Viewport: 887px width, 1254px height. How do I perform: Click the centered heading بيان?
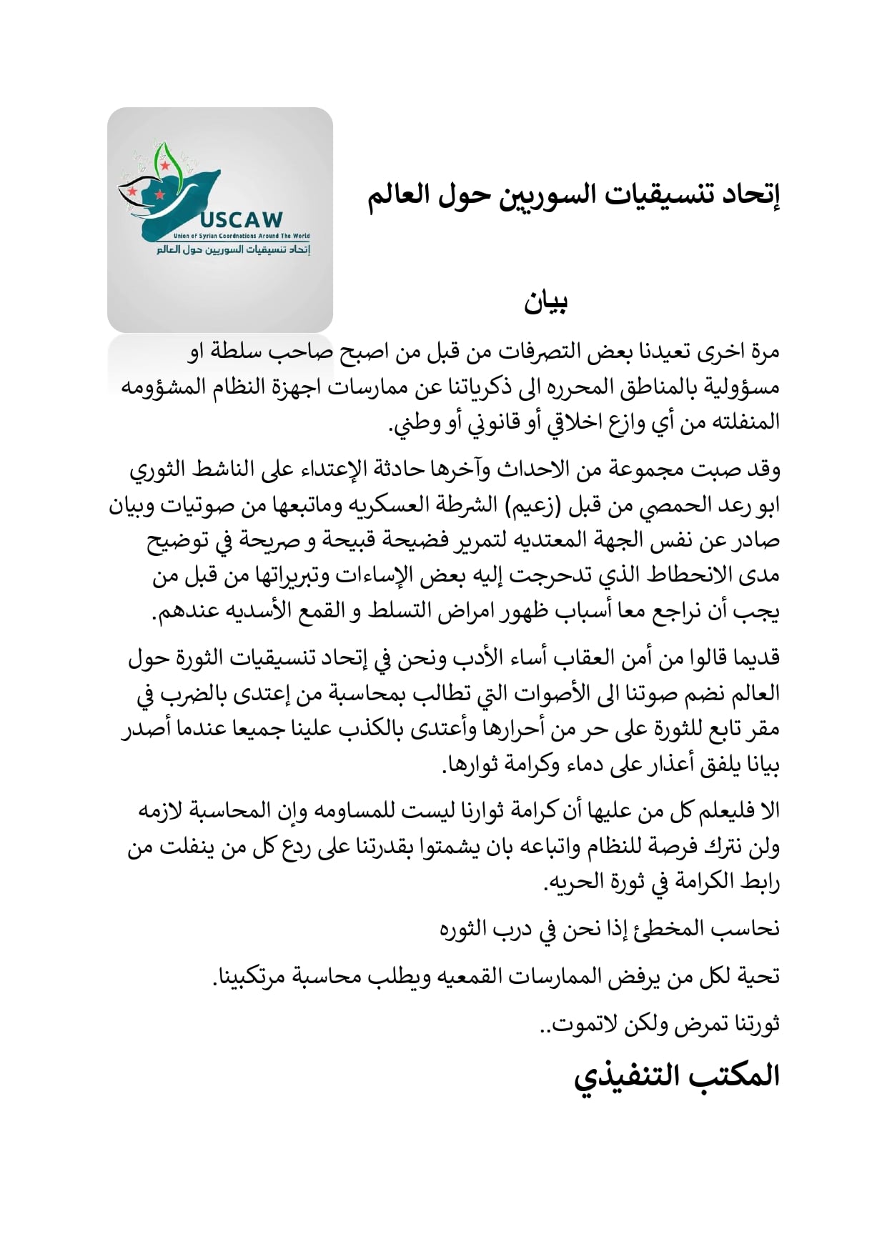tap(545, 303)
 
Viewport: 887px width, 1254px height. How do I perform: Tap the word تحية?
tap(758, 977)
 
